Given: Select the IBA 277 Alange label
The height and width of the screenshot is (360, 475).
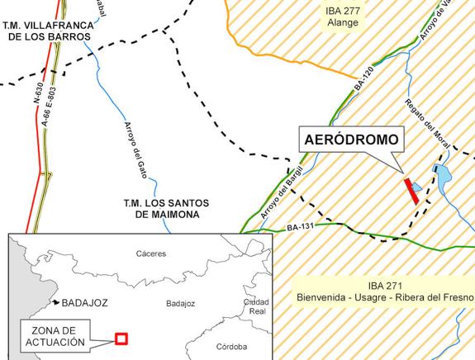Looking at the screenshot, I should tap(344, 15).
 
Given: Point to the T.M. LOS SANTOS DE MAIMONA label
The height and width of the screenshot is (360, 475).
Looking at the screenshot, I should tap(160, 208).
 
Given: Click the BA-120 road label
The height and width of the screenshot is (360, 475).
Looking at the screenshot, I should tap(363, 79).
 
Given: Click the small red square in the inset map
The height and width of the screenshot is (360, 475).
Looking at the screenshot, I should tap(121, 338).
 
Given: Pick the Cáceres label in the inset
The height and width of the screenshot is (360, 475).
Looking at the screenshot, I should tap(151, 253).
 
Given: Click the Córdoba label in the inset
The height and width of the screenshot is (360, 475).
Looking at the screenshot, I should tap(230, 347).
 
